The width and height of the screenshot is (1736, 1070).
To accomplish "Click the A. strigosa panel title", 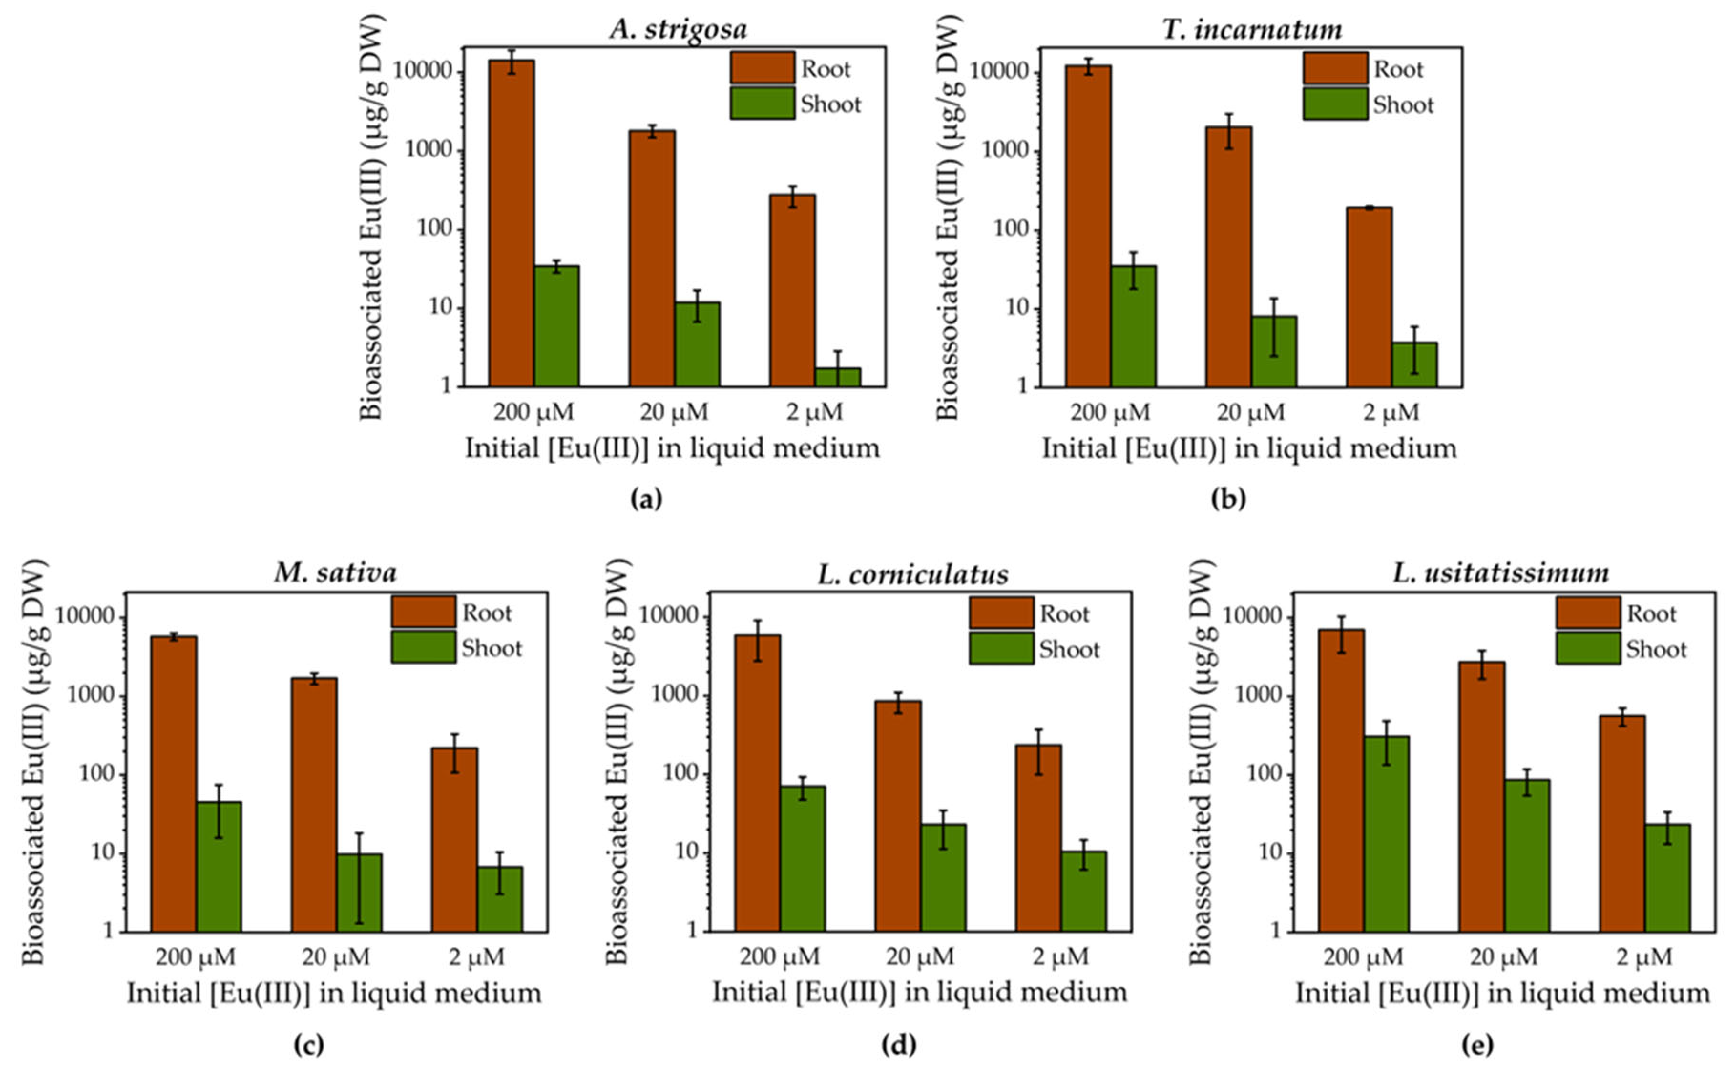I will (x=678, y=30).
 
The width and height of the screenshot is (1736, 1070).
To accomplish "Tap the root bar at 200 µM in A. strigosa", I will (x=512, y=223).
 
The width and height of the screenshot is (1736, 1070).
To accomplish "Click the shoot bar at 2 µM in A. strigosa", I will (x=837, y=377).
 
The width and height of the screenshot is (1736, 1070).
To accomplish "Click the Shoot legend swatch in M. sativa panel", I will (x=423, y=647).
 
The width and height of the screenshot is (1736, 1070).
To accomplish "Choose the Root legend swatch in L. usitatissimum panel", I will (x=1588, y=613).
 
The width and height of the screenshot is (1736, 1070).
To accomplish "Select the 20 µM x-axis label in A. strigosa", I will (x=674, y=412).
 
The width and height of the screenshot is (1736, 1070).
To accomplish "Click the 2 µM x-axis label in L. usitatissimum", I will (x=1643, y=957).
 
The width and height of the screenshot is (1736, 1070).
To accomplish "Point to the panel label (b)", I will (x=1228, y=499).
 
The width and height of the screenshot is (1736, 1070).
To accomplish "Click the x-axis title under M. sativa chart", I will (x=334, y=993).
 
